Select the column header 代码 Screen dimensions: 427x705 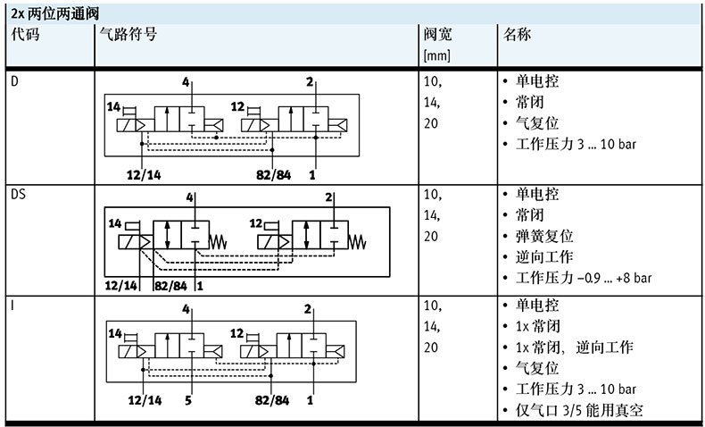pos(26,35)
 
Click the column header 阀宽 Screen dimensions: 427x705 pos(438,35)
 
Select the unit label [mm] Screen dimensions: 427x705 pos(437,56)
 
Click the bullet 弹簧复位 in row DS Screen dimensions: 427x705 pos(544,237)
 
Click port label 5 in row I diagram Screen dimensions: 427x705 pos(188,401)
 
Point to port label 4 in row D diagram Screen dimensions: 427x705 pos(187,82)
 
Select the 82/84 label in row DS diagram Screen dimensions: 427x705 pos(170,286)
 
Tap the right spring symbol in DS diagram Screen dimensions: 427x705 pos(358,241)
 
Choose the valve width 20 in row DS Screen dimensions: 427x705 pos(431,237)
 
